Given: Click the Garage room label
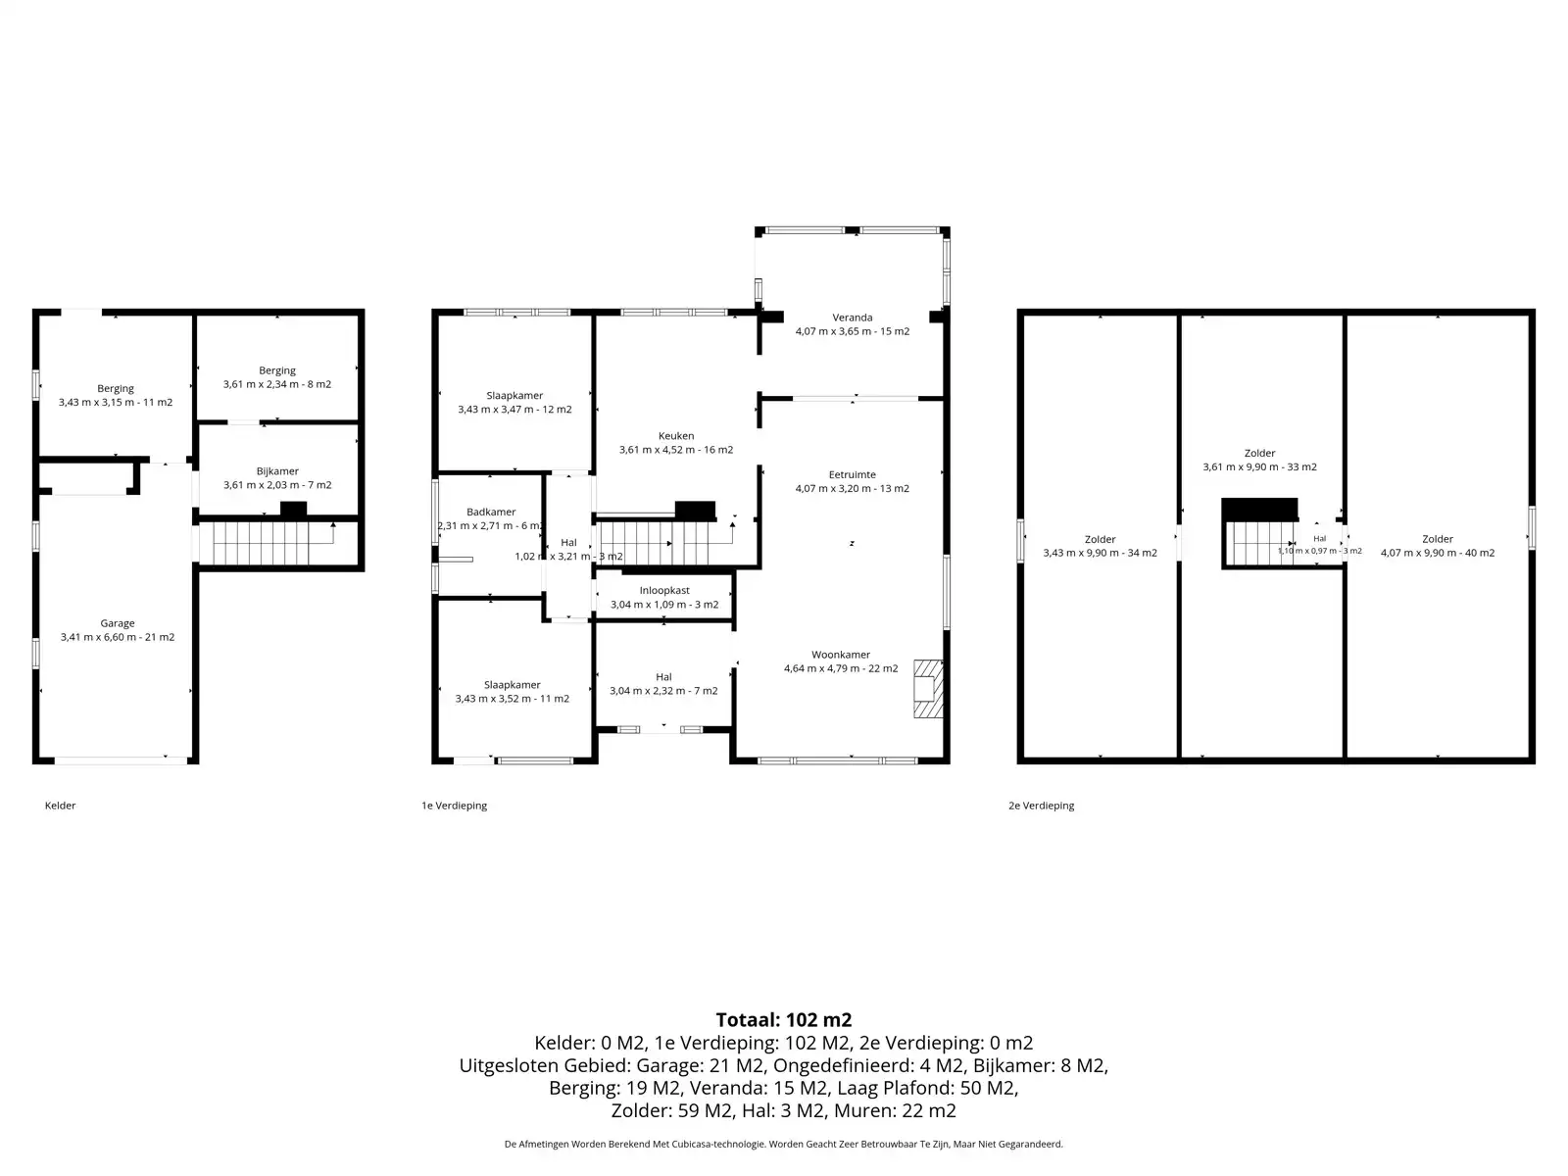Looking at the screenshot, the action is [118, 623].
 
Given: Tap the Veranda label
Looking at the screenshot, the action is [853, 318].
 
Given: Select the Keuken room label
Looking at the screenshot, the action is [676, 435].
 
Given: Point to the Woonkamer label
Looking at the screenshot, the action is [841, 655].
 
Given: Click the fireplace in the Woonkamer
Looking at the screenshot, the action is [928, 688].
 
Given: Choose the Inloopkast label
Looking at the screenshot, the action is [664, 591].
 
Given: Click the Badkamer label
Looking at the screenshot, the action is [491, 512].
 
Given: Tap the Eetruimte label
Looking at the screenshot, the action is [853, 475].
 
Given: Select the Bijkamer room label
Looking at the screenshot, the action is [277, 471].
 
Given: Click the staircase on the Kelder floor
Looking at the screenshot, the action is [275, 544].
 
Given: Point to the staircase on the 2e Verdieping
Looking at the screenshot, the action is [1261, 544].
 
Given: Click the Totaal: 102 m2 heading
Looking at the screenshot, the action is [784, 1019].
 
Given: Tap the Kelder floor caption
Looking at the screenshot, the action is [60, 806].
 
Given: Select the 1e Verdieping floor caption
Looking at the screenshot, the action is [455, 806].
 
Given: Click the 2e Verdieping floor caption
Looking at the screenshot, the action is [1042, 806].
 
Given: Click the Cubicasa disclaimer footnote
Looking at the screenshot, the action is [784, 1144].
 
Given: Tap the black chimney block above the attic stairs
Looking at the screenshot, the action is [1259, 510].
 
